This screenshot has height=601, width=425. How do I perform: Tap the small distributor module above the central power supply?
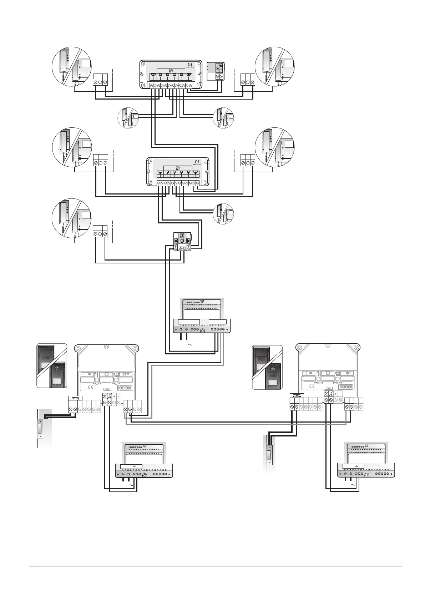click(182, 241)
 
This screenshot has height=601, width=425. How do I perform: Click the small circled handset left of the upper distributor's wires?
click(128, 118)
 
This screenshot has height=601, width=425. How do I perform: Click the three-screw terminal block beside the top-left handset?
click(100, 80)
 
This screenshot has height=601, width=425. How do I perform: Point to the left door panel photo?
click(52, 365)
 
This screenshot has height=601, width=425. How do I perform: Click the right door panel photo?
click(267, 367)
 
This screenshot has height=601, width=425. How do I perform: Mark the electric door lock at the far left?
click(41, 428)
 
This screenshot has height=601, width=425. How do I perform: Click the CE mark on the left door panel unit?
click(90, 387)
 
